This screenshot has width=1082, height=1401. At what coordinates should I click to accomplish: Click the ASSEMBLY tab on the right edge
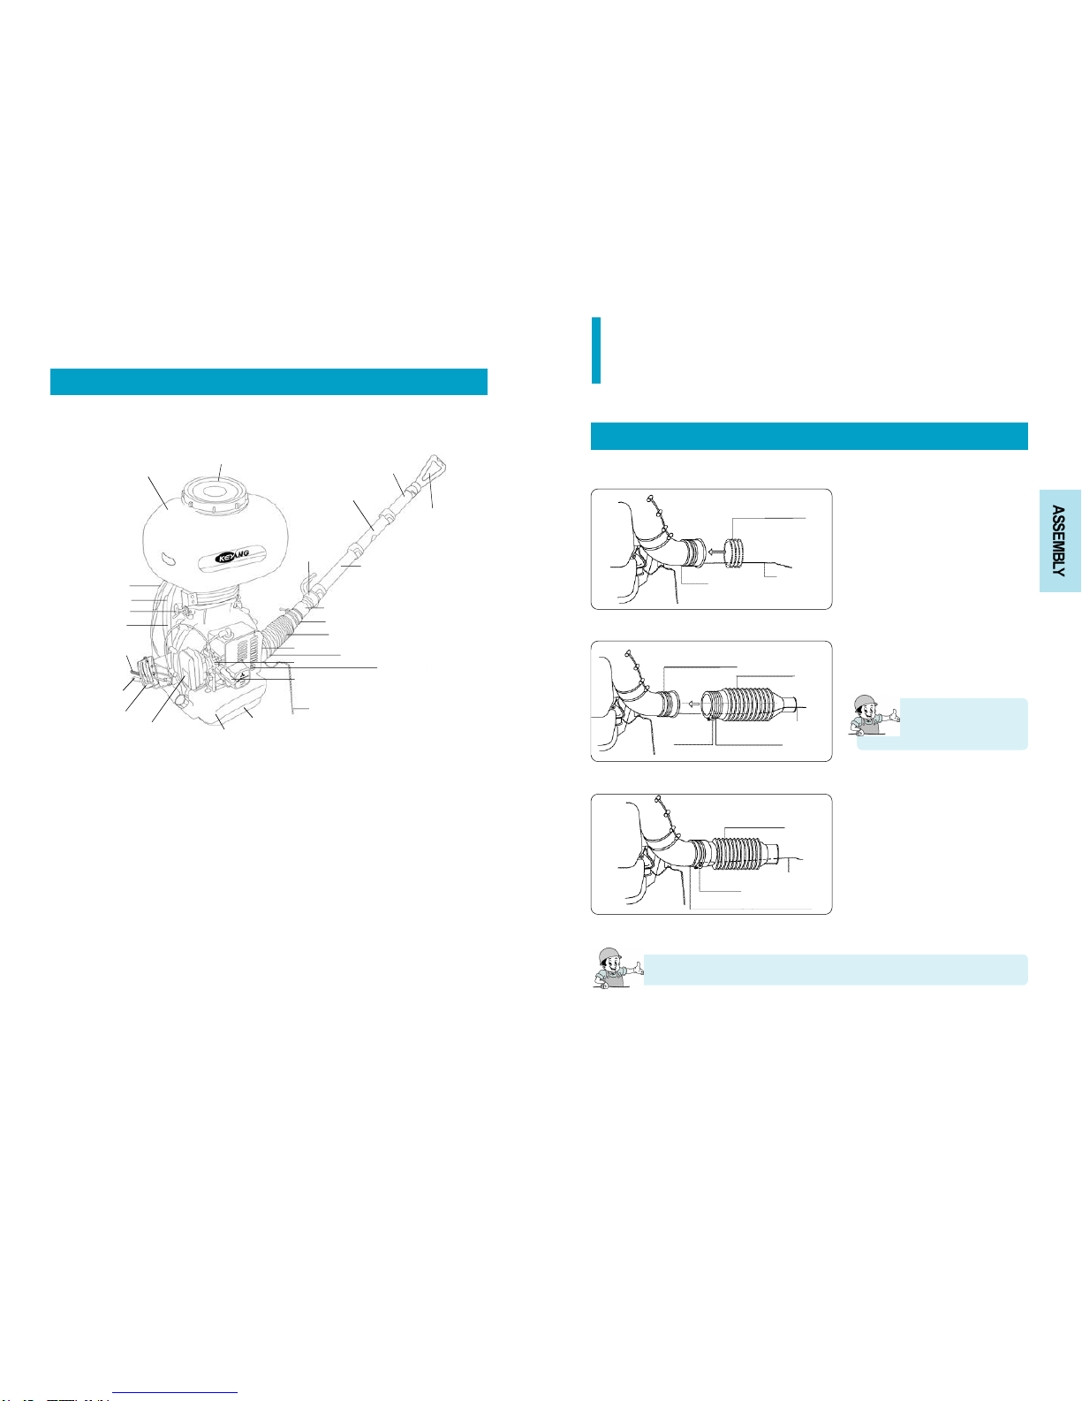point(1060,540)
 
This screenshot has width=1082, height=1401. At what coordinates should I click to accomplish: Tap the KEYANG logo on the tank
point(233,555)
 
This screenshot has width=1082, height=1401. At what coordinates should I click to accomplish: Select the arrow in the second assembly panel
point(692,704)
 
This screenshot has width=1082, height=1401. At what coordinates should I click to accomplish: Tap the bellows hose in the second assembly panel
point(753,705)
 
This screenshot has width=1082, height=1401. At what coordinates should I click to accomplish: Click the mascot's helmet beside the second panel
point(865,702)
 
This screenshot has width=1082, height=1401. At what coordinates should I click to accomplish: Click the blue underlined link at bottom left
point(175,1393)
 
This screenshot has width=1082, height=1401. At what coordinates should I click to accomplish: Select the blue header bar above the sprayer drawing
point(269,382)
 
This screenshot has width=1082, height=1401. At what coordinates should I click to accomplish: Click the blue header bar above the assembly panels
point(809,436)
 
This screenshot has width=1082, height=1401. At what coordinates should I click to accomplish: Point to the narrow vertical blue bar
point(595,350)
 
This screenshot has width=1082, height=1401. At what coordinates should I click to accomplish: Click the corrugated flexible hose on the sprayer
point(278,632)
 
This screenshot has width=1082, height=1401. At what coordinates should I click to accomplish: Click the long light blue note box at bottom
point(836,970)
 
